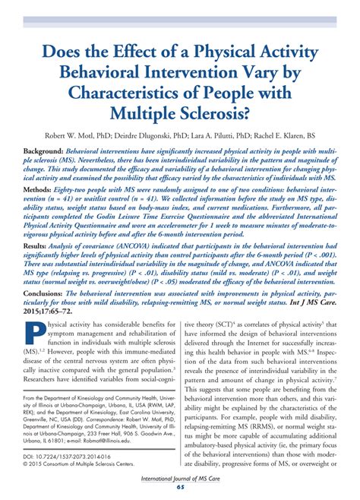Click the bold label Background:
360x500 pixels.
point(43,151)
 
